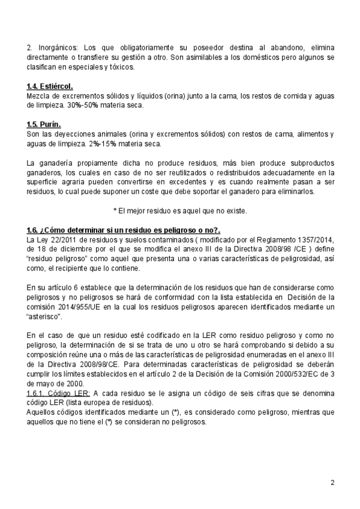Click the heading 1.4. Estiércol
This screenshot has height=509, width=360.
point(50,86)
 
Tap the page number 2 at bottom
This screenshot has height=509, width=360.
point(332,482)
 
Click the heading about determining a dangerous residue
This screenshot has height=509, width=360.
point(124,230)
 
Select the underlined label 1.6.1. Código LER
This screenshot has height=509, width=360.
point(59,393)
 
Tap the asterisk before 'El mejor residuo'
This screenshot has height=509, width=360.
point(115,211)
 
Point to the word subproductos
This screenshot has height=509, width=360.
point(308,163)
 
